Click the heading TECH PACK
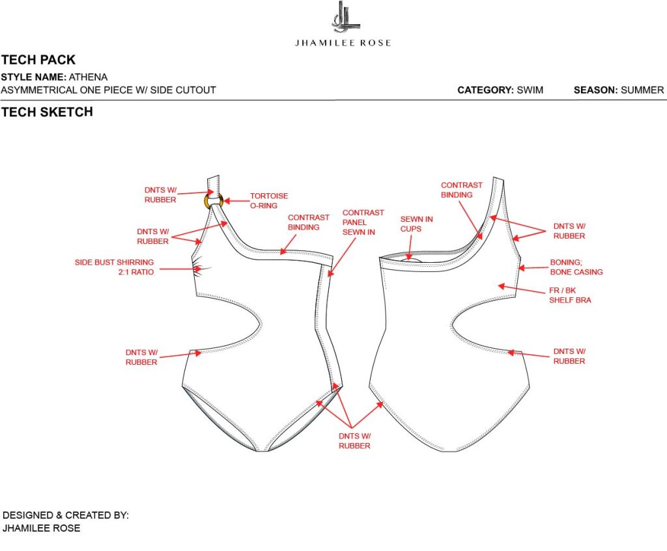38,60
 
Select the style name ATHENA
89,77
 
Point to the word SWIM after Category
530,90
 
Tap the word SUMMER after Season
642,90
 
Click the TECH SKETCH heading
47,112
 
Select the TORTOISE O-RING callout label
269,200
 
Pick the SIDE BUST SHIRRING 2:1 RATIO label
115,267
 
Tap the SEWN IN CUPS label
416,224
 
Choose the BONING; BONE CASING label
576,267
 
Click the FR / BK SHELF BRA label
570,295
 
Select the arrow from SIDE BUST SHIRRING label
177,267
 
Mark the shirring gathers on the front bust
201,268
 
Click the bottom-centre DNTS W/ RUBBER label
354,440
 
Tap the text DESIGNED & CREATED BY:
66,515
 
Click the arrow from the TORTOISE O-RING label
235,199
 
